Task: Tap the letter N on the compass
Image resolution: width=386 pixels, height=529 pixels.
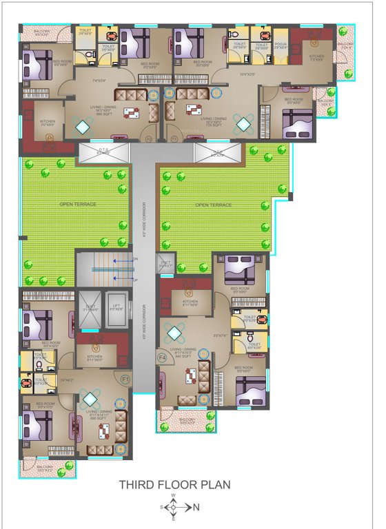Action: (x=196, y=508)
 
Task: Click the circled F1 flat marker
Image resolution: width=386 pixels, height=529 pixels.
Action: (x=125, y=379)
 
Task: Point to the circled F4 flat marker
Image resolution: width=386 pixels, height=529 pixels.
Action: (x=163, y=358)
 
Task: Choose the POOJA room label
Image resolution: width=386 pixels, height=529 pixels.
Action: (x=281, y=45)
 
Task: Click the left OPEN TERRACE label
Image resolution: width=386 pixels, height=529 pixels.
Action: (x=78, y=205)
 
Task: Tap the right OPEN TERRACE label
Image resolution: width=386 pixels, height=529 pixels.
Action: (x=213, y=205)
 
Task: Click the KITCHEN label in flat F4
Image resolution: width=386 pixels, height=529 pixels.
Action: (x=190, y=302)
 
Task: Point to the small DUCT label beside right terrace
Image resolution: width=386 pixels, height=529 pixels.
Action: (x=166, y=263)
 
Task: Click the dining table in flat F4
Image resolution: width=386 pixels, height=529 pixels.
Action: (x=190, y=376)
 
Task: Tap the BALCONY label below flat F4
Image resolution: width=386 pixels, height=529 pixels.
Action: (x=186, y=419)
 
